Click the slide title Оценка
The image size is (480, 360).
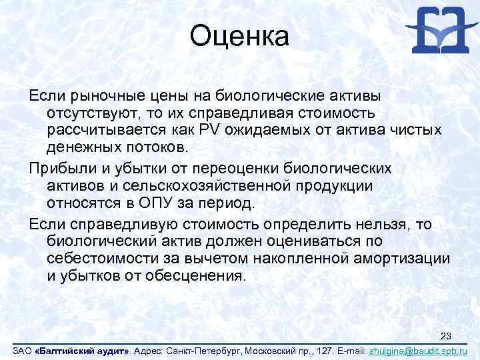pos(239,36)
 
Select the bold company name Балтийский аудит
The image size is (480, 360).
pos(83,351)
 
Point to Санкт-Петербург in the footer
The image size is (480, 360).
pos(202,351)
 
